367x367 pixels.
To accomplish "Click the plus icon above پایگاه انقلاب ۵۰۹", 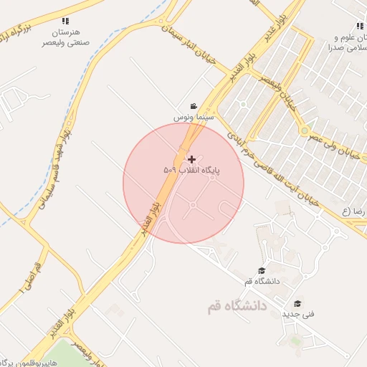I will pos(191,159).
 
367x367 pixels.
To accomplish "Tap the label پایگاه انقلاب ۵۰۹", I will pos(191,171).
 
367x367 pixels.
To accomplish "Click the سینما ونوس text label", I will pos(190,115).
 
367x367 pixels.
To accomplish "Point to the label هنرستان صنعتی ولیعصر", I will pos(67,37).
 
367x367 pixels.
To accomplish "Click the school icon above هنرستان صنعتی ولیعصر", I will pos(66,22).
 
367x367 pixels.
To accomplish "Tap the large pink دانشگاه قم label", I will pos(237,306).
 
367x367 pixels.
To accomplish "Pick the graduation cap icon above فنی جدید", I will pos(297,303).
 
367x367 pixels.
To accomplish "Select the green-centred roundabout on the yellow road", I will pos(305,131).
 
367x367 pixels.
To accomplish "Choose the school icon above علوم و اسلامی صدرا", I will pos(359,27).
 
